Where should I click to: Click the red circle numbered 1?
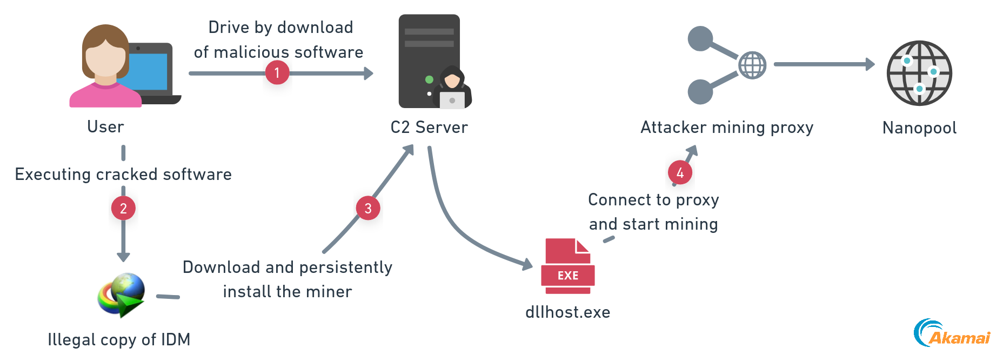tap(277, 72)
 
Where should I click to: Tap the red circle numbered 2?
tap(123, 208)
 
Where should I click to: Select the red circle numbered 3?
tap(368, 208)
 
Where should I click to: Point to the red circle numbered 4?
tap(680, 173)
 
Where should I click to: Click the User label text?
tap(106, 127)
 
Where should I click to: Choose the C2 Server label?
tap(429, 128)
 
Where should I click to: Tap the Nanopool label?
tap(919, 128)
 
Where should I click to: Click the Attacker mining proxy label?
tap(726, 128)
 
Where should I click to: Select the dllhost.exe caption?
tap(567, 312)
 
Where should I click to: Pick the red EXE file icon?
tap(567, 266)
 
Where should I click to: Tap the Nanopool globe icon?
tap(919, 73)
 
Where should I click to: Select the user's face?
tap(105, 61)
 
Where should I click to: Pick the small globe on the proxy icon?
tap(752, 65)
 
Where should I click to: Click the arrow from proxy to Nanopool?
tap(824, 64)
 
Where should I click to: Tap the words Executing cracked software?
tap(123, 175)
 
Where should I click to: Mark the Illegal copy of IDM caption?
tap(119, 340)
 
